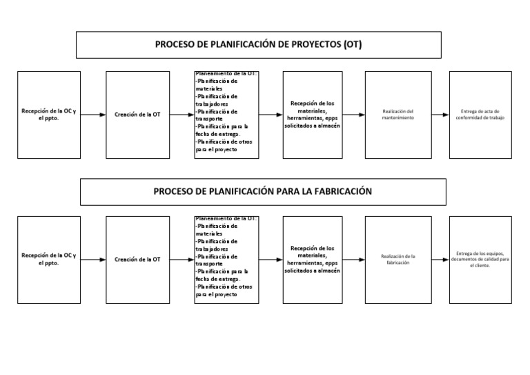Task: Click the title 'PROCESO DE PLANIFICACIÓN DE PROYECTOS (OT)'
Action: tap(258, 45)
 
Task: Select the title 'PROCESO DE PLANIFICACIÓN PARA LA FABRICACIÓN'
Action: tap(262, 191)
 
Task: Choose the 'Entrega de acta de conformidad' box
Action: tap(480, 115)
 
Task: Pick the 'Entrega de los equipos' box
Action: tap(480, 260)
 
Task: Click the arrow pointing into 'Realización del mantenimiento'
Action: tap(353, 115)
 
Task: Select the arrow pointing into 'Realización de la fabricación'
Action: tap(353, 260)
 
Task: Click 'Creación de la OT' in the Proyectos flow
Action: tap(137, 115)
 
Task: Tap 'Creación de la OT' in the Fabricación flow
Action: tap(137, 260)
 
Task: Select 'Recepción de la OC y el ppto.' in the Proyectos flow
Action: tap(49, 115)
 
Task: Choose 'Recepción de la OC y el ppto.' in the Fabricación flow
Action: tap(49, 260)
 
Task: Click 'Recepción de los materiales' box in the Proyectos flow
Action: tap(312, 115)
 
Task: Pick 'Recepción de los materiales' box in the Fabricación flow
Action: tap(312, 260)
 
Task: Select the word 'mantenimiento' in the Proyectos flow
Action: tap(397, 118)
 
